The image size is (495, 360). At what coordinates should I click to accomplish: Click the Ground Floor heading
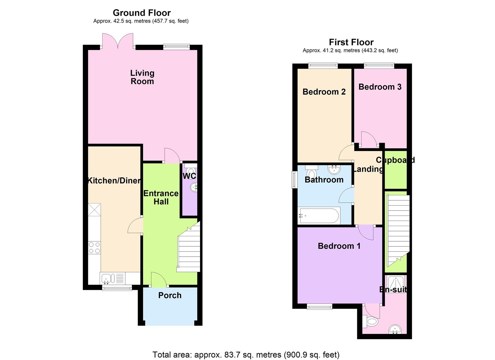tap(142, 13)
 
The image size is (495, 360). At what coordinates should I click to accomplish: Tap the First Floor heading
tap(351, 42)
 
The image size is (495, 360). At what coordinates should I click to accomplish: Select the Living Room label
tap(142, 77)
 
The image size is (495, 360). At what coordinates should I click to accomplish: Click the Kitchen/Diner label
tap(114, 181)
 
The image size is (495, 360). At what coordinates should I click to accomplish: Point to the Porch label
tap(170, 295)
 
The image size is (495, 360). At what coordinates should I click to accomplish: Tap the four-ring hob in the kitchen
tap(94, 247)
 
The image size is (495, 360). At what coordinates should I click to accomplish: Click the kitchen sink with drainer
tap(112, 278)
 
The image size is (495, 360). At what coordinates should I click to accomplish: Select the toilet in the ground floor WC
tap(190, 170)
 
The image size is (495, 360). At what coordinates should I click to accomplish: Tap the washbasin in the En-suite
tap(395, 329)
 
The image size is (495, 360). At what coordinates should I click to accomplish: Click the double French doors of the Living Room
tap(118, 41)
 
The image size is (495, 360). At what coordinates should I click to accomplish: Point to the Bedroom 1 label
tap(339, 246)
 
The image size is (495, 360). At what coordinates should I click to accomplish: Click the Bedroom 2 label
tap(324, 92)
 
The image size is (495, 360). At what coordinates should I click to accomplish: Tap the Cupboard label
tap(395, 160)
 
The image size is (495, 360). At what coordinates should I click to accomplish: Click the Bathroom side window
tap(294, 180)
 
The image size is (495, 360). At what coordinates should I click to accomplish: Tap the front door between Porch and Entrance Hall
tap(159, 280)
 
